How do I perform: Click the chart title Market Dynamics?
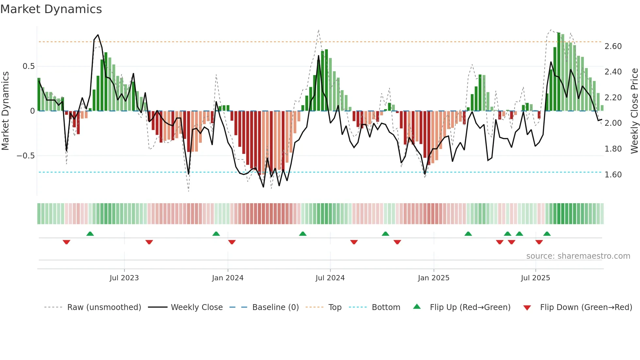[51, 9]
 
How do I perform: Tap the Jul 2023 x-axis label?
[124, 278]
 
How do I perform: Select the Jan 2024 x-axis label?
[228, 278]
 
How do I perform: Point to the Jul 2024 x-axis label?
[330, 278]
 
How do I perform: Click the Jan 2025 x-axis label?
[434, 278]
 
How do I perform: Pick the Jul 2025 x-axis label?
[536, 278]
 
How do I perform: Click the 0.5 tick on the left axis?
[28, 66]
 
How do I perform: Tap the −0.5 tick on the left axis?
[26, 156]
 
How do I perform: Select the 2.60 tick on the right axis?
[613, 46]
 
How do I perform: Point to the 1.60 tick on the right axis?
[613, 175]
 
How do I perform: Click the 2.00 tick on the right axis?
[613, 123]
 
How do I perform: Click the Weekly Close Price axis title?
[634, 111]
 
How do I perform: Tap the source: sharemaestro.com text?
[578, 256]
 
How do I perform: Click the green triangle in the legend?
[417, 307]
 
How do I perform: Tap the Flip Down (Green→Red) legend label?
[586, 307]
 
